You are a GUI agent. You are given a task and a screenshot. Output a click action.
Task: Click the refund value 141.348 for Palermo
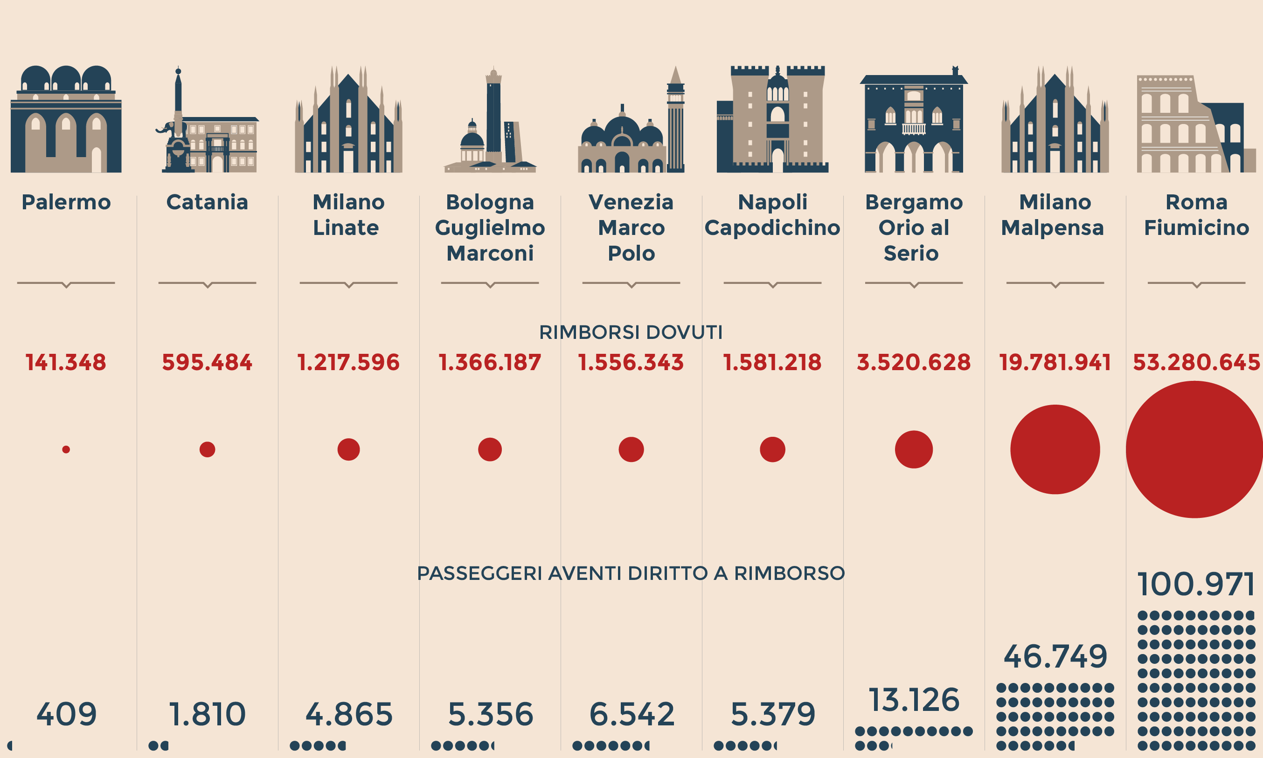[66, 362]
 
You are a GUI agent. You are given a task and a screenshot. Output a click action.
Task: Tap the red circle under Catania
[207, 449]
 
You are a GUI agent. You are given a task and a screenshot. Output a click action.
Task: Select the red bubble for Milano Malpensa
[1055, 449]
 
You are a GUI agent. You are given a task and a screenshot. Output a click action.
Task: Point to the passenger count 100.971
[1196, 584]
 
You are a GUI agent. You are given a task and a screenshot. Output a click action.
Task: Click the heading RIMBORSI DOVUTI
[631, 332]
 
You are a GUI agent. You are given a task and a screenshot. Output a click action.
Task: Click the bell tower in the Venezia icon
[675, 120]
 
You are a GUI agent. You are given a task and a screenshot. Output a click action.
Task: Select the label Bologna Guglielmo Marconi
[490, 228]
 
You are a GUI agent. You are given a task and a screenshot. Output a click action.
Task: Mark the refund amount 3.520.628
[914, 362]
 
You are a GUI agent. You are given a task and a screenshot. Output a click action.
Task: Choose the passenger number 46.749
[1055, 657]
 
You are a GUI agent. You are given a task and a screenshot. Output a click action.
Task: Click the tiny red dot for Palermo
[66, 449]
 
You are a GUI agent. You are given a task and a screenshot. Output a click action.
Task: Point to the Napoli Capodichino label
[772, 215]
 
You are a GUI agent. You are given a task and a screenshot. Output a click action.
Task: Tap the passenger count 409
[66, 714]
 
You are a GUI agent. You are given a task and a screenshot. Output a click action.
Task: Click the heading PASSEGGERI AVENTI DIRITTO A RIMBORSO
[631, 573]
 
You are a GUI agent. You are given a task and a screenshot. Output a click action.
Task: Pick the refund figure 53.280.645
[1196, 362]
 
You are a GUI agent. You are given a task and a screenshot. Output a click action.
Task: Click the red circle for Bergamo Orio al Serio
[914, 449]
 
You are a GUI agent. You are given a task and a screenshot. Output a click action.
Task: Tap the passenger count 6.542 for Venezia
[631, 714]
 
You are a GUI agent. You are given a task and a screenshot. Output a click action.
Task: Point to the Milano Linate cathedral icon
[348, 123]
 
